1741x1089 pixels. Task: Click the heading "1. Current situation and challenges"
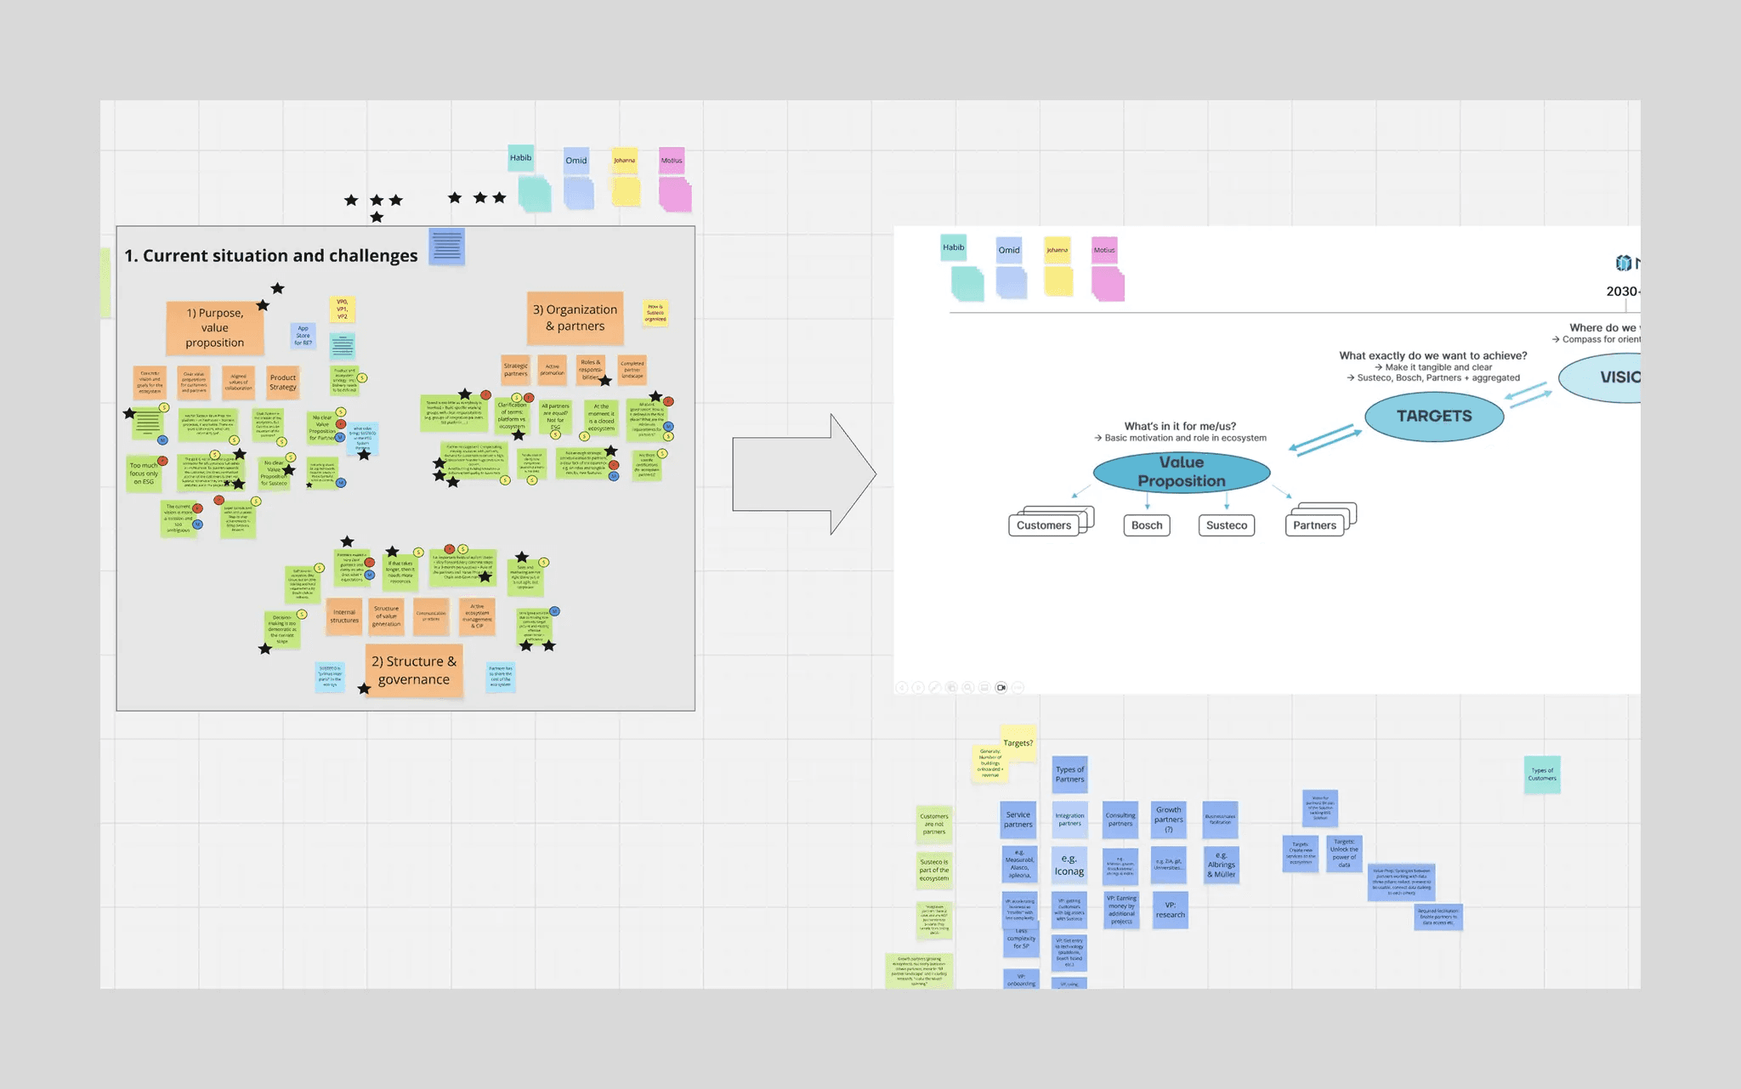click(x=271, y=256)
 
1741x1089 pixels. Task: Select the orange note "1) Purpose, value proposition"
click(x=214, y=328)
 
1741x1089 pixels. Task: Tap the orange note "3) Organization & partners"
click(x=575, y=318)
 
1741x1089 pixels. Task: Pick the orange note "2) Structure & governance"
click(x=414, y=670)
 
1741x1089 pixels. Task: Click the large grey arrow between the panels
click(x=802, y=474)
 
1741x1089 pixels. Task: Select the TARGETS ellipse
click(x=1434, y=416)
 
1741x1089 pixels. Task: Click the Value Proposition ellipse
click(x=1182, y=472)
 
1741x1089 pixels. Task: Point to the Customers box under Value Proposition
click(x=1044, y=525)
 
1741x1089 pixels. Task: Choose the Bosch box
click(x=1147, y=525)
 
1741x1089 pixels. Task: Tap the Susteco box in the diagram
click(x=1227, y=525)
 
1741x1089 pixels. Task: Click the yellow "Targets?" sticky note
click(x=1018, y=743)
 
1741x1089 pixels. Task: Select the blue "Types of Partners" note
click(x=1069, y=774)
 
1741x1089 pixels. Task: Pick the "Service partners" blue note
click(x=1018, y=820)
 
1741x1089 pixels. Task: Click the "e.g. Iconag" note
click(x=1069, y=865)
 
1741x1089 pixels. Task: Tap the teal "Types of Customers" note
click(x=1542, y=774)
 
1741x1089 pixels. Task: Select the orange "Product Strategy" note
click(x=283, y=383)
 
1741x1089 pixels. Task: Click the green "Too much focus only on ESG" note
click(x=144, y=474)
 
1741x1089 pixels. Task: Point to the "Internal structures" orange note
click(x=344, y=616)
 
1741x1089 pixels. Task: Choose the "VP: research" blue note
click(x=1170, y=910)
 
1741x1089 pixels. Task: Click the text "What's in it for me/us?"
click(x=1180, y=426)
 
